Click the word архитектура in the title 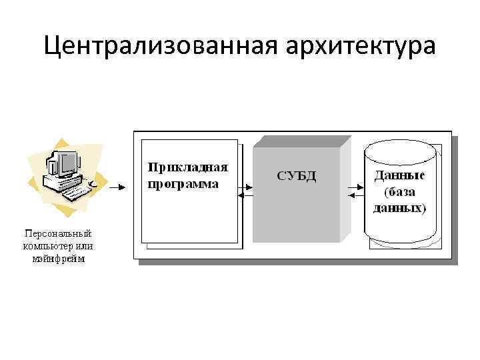click(x=361, y=47)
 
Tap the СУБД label click(x=296, y=176)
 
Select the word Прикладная click(x=188, y=167)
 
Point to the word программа click(x=183, y=183)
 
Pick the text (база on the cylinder click(x=400, y=192)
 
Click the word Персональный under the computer click(x=58, y=233)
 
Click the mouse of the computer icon click(x=94, y=182)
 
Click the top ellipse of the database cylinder click(x=400, y=149)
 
